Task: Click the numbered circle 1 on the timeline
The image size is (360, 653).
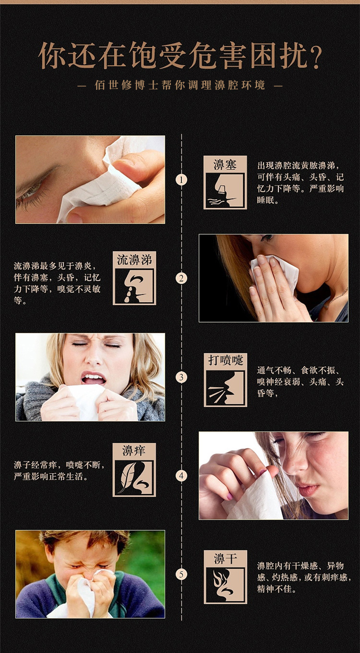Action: click(x=181, y=180)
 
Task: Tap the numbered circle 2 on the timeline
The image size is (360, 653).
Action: click(x=181, y=278)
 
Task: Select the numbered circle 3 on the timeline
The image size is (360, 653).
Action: click(x=181, y=377)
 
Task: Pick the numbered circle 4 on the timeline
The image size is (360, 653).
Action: click(x=181, y=476)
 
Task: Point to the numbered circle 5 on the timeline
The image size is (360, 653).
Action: click(x=181, y=575)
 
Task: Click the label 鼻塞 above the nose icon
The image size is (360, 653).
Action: click(x=225, y=165)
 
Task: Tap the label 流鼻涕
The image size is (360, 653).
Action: click(x=134, y=260)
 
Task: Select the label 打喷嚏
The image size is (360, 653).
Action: click(x=225, y=360)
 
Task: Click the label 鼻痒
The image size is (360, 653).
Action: click(x=134, y=451)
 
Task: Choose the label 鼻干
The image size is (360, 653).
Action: click(x=225, y=558)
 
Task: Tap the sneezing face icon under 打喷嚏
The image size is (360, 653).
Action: click(x=225, y=388)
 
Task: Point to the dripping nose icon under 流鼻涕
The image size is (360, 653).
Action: click(x=134, y=286)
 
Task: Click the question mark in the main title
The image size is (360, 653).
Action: click(x=314, y=57)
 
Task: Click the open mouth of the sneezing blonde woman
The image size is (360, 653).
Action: click(x=93, y=378)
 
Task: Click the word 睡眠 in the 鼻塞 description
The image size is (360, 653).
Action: click(x=267, y=199)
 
